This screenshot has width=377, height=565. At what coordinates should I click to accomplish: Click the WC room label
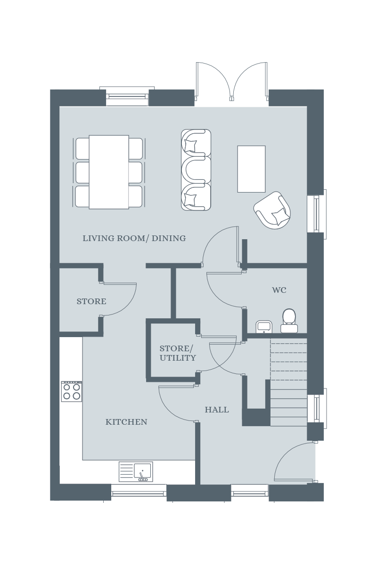(x=279, y=290)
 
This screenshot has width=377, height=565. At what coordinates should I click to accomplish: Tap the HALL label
(x=217, y=410)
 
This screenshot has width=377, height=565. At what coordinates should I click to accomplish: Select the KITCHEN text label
(x=126, y=422)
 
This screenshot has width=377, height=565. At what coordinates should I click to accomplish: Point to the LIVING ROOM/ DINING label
(x=134, y=238)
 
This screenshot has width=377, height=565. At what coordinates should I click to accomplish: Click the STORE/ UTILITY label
(x=178, y=353)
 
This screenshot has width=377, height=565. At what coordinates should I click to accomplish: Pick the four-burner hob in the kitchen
(x=72, y=391)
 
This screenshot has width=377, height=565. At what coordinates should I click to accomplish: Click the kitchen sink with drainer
(x=136, y=471)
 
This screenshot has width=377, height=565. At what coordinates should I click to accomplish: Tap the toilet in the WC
(x=289, y=321)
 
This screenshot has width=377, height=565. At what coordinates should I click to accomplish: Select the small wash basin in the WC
(x=264, y=327)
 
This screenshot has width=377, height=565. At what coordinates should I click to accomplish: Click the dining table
(x=109, y=172)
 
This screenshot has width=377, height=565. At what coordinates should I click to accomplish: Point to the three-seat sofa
(x=196, y=170)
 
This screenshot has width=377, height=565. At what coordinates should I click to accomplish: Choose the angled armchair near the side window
(x=272, y=210)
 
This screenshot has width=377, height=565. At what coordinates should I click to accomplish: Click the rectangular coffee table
(x=251, y=169)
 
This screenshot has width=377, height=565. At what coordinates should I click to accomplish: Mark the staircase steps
(x=288, y=382)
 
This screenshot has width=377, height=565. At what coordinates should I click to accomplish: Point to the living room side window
(x=316, y=214)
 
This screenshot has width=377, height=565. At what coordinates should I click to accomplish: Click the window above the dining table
(x=127, y=96)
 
